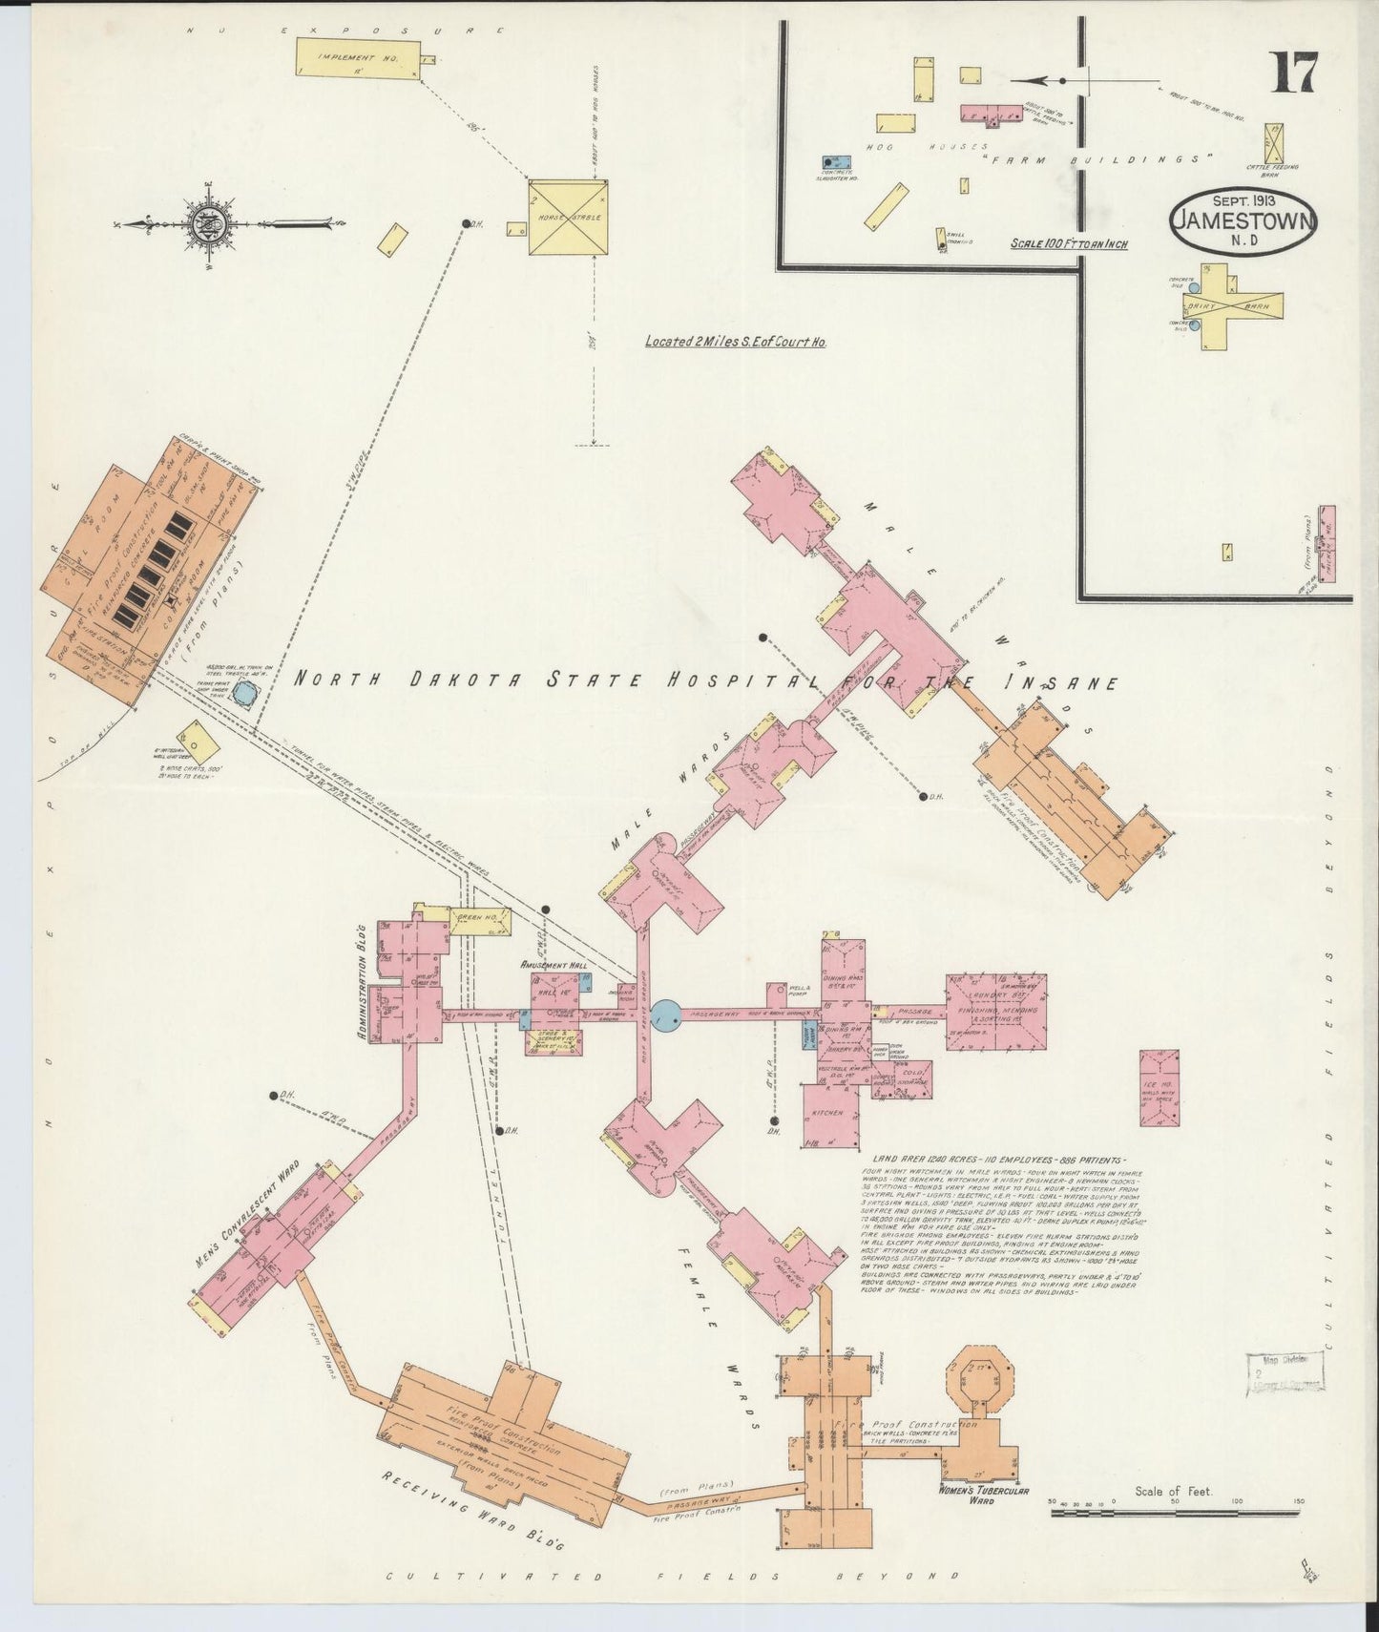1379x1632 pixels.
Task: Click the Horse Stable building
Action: pos(569,217)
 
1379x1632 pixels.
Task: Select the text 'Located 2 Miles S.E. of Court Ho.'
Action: pos(734,341)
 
